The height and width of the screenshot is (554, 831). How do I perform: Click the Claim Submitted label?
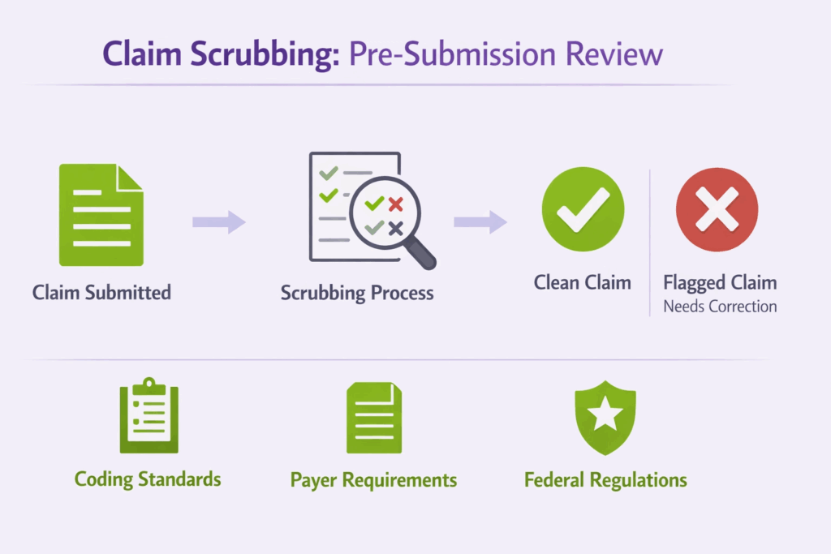coord(101,292)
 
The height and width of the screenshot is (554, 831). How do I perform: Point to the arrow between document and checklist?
coord(218,221)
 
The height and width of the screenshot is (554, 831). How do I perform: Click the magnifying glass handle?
coord(420,254)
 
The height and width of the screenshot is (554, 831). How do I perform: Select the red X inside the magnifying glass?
coord(395,204)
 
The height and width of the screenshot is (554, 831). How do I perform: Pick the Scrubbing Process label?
coord(357,292)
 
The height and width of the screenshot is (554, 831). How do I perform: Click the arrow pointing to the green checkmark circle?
coord(480,221)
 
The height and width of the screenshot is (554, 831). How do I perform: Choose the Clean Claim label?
coord(582,282)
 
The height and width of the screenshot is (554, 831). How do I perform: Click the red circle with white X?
coord(717,209)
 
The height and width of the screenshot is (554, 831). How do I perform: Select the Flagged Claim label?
coord(720,282)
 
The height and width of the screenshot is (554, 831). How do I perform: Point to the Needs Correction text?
coord(720,307)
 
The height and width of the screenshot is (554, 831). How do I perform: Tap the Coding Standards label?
coord(148,479)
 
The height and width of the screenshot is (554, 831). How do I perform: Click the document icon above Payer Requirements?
coord(373,417)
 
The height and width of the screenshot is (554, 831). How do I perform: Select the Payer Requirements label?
coord(373,480)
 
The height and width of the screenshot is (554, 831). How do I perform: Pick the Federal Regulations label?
coord(605,480)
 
